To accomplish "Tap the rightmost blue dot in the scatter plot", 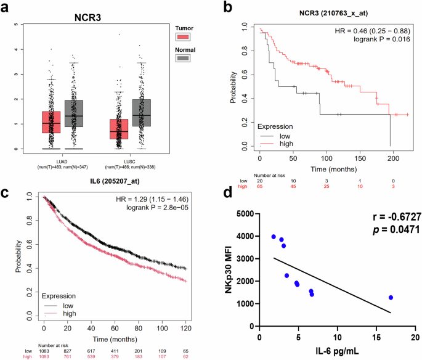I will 391,298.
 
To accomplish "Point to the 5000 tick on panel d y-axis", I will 245,214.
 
